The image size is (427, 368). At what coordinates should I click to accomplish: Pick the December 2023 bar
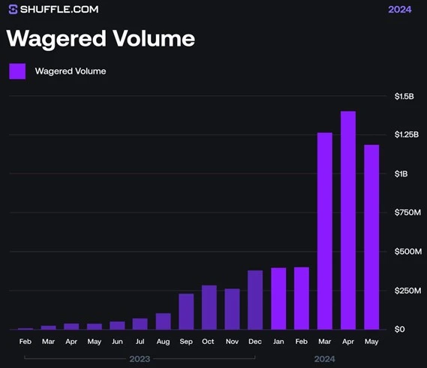(x=255, y=300)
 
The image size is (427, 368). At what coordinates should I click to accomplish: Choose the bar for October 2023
(x=209, y=307)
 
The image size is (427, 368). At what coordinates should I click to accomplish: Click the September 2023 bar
(x=186, y=311)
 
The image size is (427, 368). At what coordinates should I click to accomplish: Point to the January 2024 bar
(x=278, y=298)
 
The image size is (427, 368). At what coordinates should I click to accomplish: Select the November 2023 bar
(x=232, y=309)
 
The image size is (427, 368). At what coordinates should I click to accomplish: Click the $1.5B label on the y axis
(x=404, y=96)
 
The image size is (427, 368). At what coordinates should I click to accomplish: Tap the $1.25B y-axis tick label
(x=406, y=134)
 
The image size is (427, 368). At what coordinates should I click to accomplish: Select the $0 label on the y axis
(x=399, y=329)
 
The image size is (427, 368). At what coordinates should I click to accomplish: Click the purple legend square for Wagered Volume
(x=17, y=71)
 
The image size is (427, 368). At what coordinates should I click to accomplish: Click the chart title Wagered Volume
(x=101, y=38)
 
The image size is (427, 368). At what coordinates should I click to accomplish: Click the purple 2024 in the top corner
(x=399, y=10)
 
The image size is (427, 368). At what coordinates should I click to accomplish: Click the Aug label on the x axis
(x=163, y=342)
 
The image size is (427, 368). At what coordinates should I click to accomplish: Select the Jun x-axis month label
(x=117, y=342)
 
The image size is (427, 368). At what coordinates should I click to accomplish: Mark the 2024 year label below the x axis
(x=324, y=359)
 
